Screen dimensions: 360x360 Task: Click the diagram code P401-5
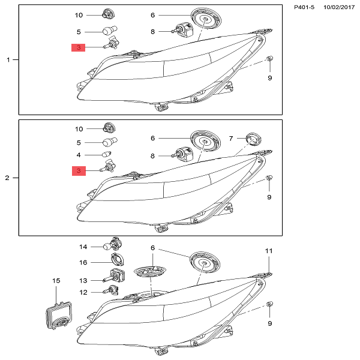304,7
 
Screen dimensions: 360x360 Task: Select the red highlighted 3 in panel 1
79,47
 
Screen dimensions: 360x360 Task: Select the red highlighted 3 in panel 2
79,172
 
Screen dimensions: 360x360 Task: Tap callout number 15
56,280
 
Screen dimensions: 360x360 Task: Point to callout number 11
269,251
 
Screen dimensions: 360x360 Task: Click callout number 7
232,138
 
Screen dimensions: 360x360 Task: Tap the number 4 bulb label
79,155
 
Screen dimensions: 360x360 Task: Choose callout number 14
84,247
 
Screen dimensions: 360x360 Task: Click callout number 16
84,262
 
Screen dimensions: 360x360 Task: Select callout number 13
84,280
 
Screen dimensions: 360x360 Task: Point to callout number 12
84,292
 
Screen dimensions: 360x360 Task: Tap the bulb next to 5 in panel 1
110,31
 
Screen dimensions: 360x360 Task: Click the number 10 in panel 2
79,129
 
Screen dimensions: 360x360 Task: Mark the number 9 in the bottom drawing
269,323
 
